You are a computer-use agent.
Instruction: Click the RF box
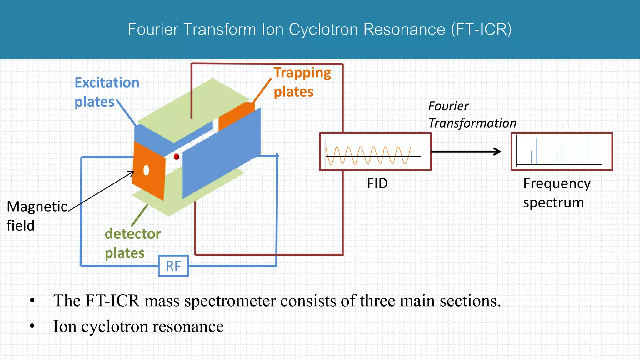173,266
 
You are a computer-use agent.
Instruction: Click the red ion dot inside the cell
176,157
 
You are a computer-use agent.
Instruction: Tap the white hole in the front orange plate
146,170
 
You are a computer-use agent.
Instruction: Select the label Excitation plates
107,92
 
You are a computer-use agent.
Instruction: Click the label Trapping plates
302,82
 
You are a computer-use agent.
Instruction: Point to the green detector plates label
132,243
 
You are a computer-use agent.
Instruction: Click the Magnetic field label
37,216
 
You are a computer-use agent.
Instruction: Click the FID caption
377,183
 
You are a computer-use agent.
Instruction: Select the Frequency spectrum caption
557,193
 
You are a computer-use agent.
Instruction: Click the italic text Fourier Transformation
472,115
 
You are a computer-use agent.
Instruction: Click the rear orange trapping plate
236,116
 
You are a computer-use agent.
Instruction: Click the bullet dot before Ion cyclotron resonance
32,326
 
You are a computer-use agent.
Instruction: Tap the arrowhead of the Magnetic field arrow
132,172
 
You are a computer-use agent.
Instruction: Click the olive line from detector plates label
139,215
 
